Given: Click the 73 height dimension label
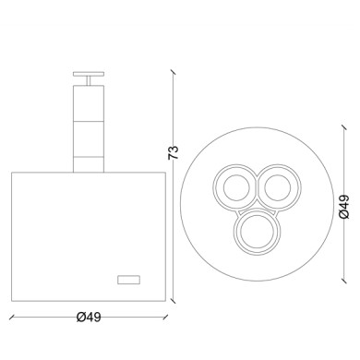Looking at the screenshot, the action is point(174,152).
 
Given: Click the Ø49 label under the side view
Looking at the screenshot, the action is point(89,317).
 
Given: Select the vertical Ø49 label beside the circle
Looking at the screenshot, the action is point(344,207).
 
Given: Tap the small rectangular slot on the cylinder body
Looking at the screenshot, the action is point(129,280).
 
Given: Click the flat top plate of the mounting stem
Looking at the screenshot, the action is point(89,74).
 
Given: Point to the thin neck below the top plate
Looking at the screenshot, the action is point(89,80).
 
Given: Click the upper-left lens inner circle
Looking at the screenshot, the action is point(236,187).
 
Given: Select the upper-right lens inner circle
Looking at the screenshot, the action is point(277,187).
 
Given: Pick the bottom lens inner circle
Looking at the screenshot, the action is point(257,232).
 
